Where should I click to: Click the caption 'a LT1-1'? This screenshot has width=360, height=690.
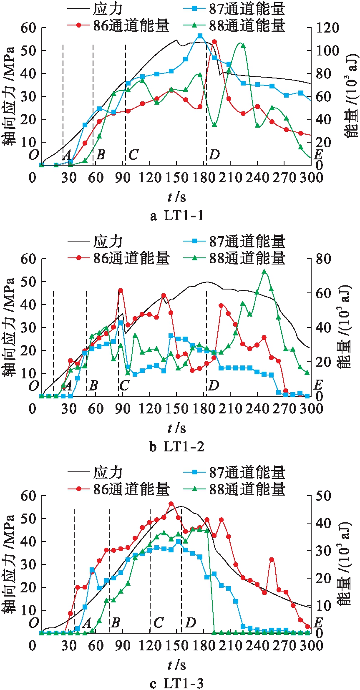(177, 215)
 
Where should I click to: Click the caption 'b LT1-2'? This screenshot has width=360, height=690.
(177, 447)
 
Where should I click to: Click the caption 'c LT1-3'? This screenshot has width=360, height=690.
(177, 683)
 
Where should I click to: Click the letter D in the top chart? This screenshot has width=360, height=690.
(214, 155)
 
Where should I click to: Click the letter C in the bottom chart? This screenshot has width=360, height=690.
(158, 623)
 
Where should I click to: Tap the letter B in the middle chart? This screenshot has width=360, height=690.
(93, 385)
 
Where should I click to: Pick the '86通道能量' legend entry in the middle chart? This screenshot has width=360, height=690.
(131, 258)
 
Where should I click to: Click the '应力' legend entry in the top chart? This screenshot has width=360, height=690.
(108, 9)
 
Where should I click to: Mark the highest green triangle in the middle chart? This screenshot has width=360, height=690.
(264, 272)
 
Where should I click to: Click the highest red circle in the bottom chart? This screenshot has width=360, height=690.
(171, 504)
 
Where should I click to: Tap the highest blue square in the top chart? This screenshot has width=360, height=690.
(200, 36)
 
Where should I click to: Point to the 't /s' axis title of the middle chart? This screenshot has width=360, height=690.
(177, 428)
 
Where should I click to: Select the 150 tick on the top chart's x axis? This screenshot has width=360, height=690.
(176, 178)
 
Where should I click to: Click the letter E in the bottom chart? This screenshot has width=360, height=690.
(318, 623)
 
